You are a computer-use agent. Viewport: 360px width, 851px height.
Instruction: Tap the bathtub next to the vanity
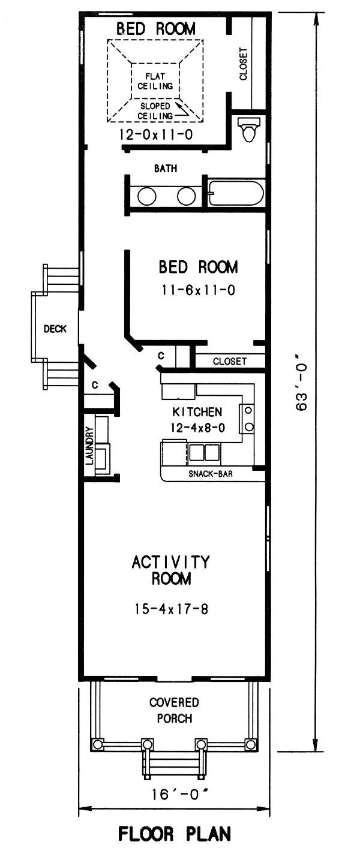[x=236, y=194]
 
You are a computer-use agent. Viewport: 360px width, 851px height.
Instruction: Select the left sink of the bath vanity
[x=147, y=196]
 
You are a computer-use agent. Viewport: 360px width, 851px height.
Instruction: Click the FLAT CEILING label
[x=155, y=81]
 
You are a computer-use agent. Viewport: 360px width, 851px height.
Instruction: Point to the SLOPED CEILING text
[x=155, y=110]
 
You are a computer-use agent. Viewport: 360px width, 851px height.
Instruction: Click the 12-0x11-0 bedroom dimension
[x=156, y=136]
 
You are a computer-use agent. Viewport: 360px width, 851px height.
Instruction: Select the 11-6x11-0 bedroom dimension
[x=198, y=291]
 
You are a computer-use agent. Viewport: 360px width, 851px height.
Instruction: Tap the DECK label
[x=55, y=329]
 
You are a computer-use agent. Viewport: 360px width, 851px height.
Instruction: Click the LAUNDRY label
[x=89, y=446]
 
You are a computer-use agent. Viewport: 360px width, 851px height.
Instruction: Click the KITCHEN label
[x=197, y=412]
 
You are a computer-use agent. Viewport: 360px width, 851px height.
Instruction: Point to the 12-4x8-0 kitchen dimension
[x=197, y=428]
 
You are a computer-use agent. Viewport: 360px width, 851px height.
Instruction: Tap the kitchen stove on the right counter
[x=247, y=419]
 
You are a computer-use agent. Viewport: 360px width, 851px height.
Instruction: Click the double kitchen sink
[x=205, y=452]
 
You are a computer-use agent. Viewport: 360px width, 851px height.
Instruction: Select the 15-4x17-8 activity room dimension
[x=172, y=609]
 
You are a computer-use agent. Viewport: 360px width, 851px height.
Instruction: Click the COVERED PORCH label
[x=174, y=710]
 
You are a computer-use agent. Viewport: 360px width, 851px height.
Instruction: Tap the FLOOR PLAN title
[x=175, y=834]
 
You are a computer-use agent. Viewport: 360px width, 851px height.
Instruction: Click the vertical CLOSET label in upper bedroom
[x=243, y=64]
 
